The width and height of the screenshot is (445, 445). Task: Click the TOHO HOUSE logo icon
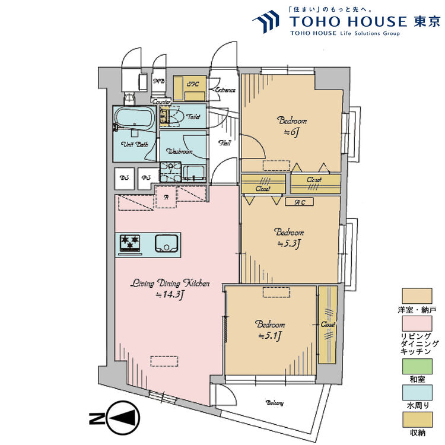(266, 21)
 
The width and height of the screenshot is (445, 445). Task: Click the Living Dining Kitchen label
(170, 284)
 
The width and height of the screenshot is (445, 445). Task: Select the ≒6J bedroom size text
(288, 132)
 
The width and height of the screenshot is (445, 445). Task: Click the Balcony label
(274, 403)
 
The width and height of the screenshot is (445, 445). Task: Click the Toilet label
(193, 117)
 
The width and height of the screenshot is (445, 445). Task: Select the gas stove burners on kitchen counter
(130, 243)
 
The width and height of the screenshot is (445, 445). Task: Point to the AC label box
(300, 202)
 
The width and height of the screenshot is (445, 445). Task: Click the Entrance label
(225, 90)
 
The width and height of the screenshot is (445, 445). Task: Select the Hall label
(225, 143)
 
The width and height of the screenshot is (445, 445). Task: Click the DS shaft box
(124, 178)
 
